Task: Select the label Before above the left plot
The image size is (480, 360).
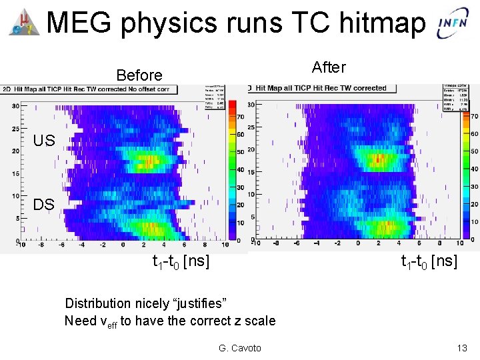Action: (139, 75)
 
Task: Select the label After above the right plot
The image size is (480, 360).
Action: (329, 67)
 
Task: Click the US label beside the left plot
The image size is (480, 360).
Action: (44, 140)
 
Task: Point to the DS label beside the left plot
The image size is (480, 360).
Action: (44, 204)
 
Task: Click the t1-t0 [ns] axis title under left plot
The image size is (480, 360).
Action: (181, 261)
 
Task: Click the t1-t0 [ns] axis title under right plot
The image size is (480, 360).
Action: (429, 261)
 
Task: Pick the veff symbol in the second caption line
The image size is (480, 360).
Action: (107, 322)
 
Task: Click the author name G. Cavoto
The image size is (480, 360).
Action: (240, 348)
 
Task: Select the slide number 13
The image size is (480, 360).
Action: (462, 348)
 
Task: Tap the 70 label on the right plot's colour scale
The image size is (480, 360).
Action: (473, 116)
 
